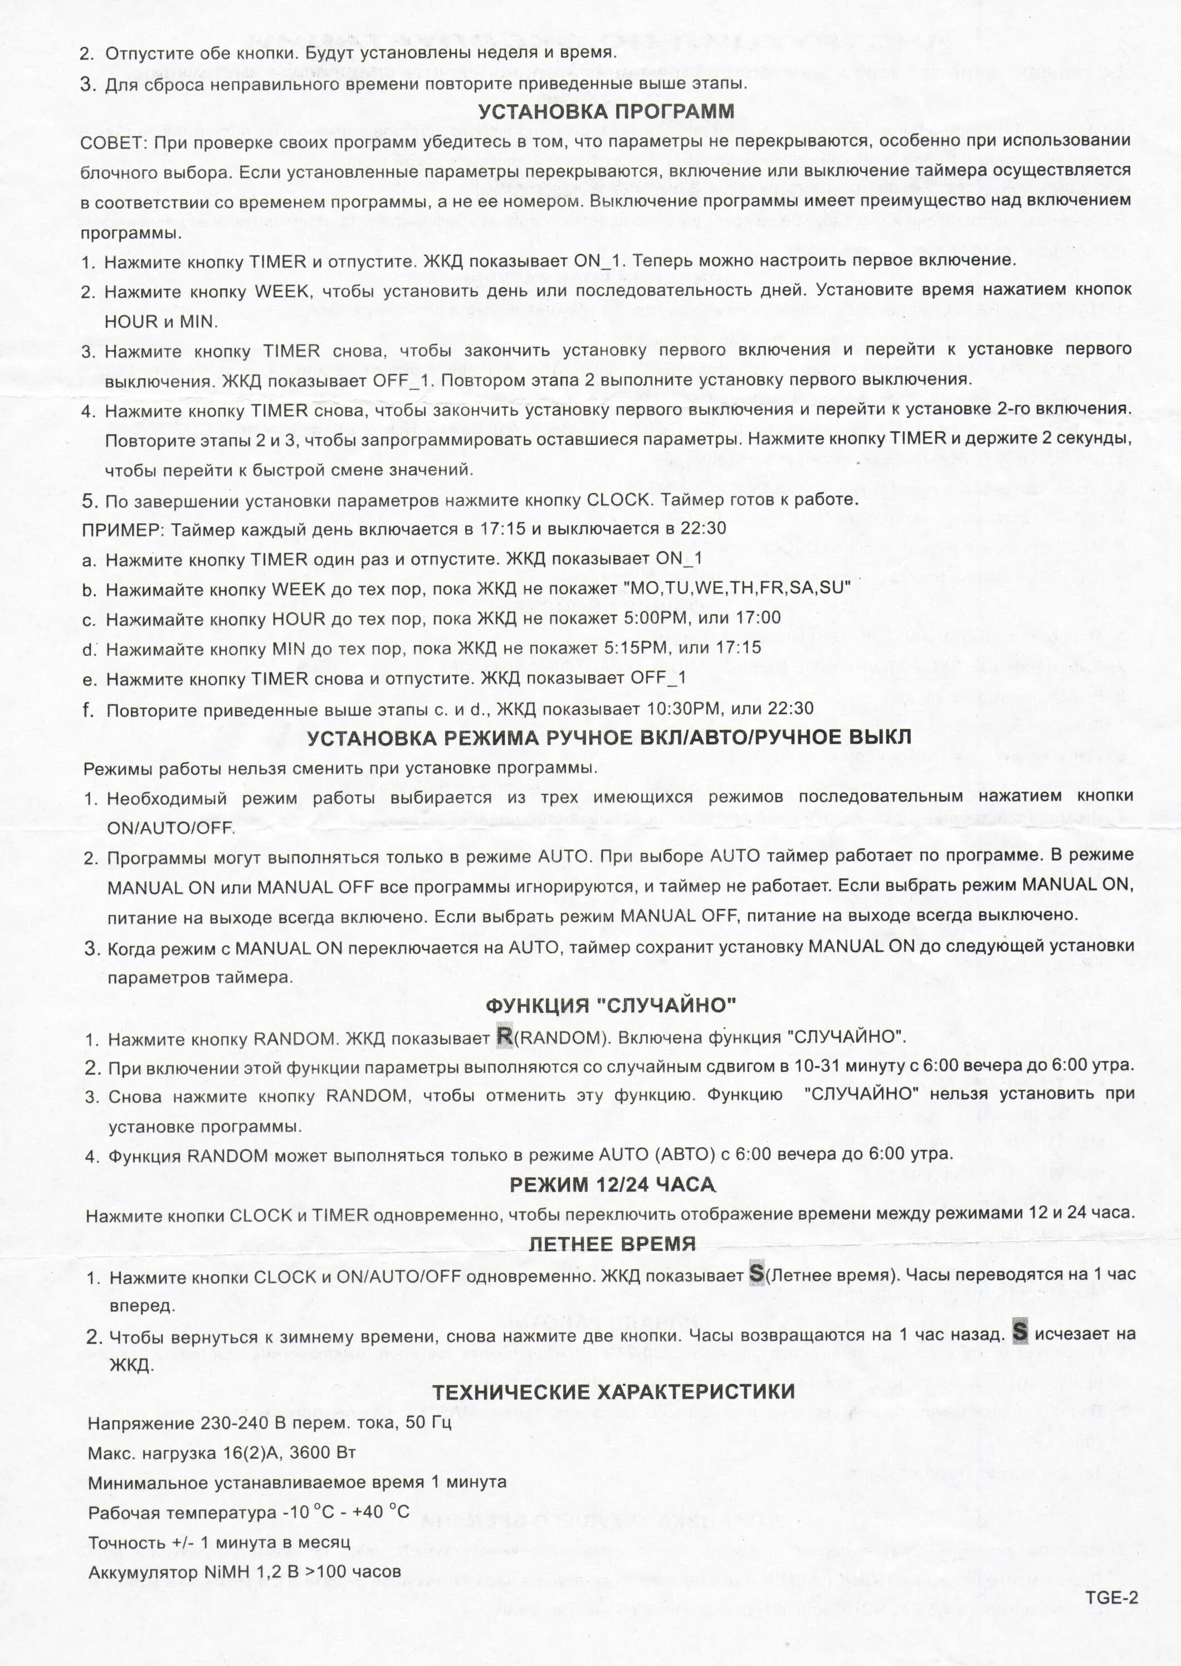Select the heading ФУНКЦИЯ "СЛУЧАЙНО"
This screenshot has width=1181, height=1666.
611,1005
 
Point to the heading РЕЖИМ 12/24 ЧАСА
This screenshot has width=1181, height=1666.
612,1185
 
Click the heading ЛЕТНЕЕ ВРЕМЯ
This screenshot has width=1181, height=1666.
612,1244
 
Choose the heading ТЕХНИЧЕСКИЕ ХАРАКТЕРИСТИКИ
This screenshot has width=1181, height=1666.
614,1392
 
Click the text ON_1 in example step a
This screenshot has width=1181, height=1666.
679,559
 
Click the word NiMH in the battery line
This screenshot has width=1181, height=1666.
227,1572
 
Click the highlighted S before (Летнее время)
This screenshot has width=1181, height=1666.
757,1274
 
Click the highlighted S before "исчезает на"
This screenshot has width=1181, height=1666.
1021,1332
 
